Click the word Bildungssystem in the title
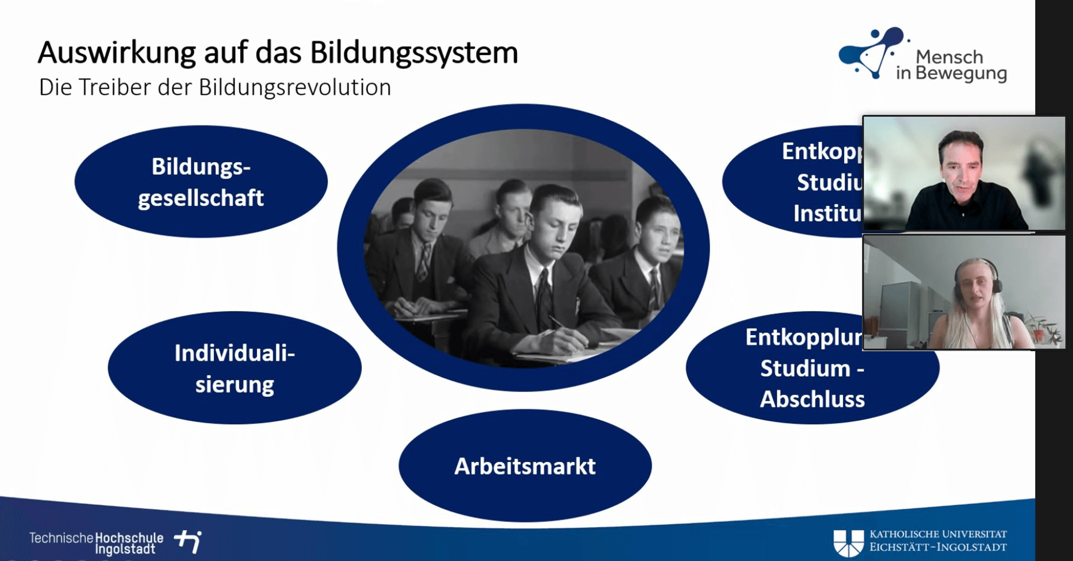[414, 53]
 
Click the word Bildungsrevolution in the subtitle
[294, 88]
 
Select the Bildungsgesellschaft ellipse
[201, 182]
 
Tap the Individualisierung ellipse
[234, 368]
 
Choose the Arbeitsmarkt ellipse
[524, 466]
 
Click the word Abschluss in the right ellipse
[812, 399]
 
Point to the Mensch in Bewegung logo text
[951, 66]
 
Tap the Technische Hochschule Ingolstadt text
[96, 543]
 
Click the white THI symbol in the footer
[189, 541]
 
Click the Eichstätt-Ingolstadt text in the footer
[938, 547]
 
